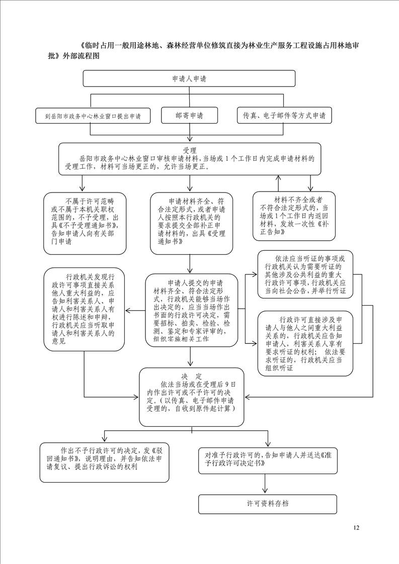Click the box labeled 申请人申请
(189, 78)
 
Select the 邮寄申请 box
(189, 116)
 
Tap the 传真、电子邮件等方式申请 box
(284, 116)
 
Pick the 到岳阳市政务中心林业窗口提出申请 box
(93, 116)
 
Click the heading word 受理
(190, 150)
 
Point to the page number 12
(356, 528)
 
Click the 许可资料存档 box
(268, 504)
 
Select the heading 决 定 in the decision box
(192, 377)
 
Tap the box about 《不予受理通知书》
(85, 223)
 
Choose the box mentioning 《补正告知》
(294, 216)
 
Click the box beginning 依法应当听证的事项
(305, 274)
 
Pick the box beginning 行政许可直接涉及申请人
(305, 343)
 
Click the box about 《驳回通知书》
(105, 462)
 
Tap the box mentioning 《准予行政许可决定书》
(268, 460)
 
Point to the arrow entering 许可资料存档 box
(265, 484)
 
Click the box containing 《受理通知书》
(192, 223)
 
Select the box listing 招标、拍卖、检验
(192, 310)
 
